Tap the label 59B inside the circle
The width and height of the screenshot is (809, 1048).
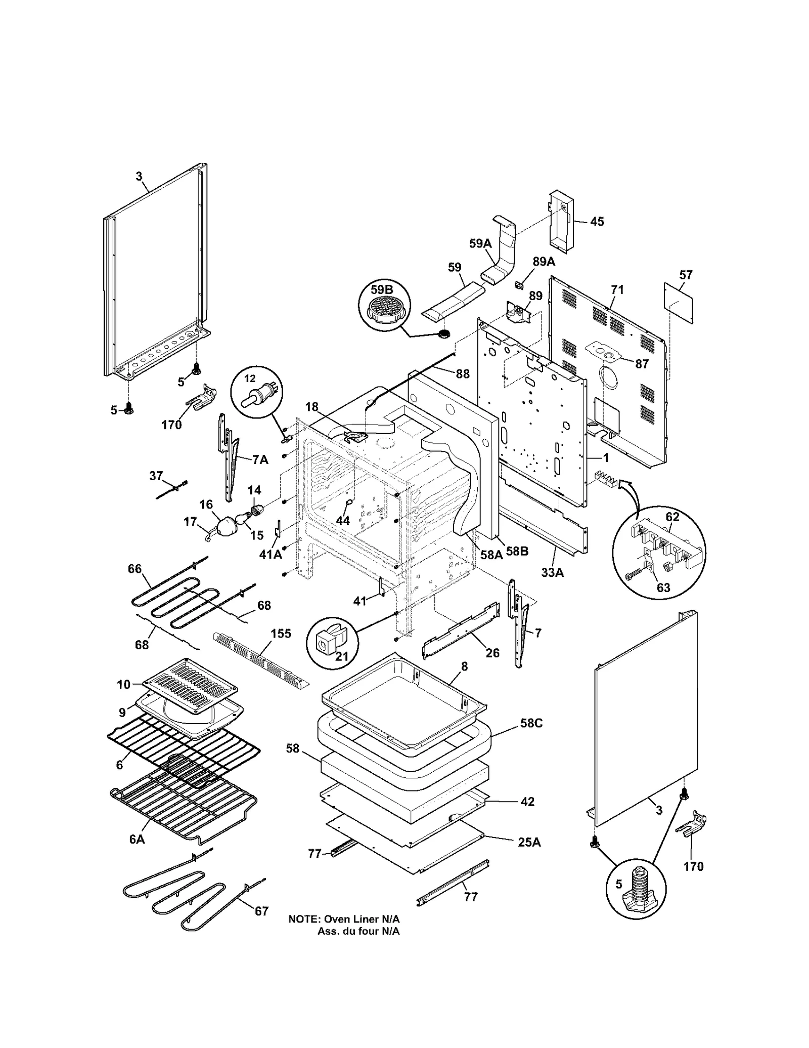(382, 290)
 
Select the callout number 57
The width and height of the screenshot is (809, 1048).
(686, 275)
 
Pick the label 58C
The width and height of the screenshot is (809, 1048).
(531, 723)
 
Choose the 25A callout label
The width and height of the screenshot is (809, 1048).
(529, 842)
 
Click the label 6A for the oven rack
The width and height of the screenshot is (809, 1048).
(137, 839)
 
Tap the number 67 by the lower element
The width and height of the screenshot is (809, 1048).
(261, 911)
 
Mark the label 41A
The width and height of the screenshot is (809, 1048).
(270, 555)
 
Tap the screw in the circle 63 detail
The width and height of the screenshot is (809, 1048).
(634, 576)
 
